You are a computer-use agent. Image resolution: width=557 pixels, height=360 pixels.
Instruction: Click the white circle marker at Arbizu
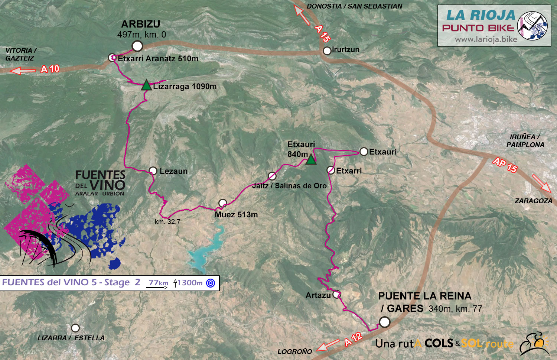click(137, 46)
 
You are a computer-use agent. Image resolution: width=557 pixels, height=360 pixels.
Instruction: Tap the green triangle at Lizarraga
click(146, 85)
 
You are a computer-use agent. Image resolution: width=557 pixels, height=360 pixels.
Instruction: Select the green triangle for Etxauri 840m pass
click(311, 160)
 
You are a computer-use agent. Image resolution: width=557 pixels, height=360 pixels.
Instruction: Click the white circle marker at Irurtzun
click(327, 51)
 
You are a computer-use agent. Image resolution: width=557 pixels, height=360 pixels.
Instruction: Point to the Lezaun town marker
click(153, 171)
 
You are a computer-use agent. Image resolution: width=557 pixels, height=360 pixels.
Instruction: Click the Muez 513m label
click(236, 215)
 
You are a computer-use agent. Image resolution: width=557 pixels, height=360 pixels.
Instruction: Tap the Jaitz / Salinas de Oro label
click(289, 186)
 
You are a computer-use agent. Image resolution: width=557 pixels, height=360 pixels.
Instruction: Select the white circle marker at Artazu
click(336, 295)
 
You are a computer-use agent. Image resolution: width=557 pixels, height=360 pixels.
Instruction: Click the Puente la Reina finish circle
click(384, 322)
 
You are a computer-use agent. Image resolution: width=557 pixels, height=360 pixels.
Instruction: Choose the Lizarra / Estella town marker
click(75, 328)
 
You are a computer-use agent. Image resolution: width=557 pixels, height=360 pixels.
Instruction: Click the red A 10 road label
click(50, 69)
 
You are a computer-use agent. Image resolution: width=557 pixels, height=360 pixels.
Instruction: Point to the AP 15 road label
click(505, 165)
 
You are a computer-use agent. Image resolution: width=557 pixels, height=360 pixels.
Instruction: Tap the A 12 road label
click(353, 339)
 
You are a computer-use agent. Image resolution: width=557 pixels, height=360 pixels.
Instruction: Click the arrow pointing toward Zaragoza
click(542, 183)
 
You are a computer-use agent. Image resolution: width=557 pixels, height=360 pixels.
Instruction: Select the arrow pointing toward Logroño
click(328, 345)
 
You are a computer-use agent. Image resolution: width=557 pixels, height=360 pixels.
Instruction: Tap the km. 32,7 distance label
click(167, 222)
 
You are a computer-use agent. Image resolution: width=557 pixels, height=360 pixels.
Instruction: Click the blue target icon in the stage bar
click(211, 283)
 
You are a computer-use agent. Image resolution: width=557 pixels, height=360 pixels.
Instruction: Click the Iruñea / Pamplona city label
click(525, 141)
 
